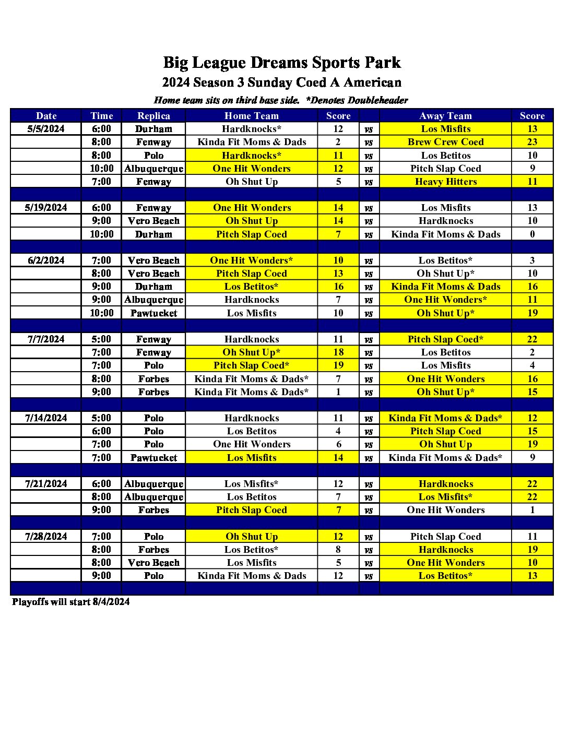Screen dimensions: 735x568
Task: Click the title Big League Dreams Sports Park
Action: (282, 63)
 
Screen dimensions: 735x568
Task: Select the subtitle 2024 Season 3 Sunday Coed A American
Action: (282, 82)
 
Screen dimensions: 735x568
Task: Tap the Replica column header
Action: (153, 116)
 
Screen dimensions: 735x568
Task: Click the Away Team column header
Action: (445, 116)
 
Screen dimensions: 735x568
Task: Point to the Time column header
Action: (101, 116)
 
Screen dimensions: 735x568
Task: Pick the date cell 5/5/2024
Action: (46, 129)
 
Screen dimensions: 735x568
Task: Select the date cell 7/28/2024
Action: (46, 536)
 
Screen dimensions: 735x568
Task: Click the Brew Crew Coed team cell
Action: (445, 142)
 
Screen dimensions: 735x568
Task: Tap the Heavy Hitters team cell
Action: (445, 182)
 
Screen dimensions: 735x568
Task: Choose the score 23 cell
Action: (532, 142)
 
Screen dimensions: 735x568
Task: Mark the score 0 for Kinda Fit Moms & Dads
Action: (532, 234)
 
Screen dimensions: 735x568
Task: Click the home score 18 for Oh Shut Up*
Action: (338, 352)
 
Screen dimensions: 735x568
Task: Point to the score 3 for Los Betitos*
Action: (532, 260)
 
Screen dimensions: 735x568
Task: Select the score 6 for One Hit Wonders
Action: (338, 444)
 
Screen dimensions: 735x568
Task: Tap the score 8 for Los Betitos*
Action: (338, 550)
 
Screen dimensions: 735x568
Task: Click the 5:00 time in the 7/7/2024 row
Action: (101, 339)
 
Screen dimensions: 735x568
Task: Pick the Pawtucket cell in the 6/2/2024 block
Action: (153, 313)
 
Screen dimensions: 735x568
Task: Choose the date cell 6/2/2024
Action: (46, 260)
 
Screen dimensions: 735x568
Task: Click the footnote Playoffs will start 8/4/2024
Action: (71, 602)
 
